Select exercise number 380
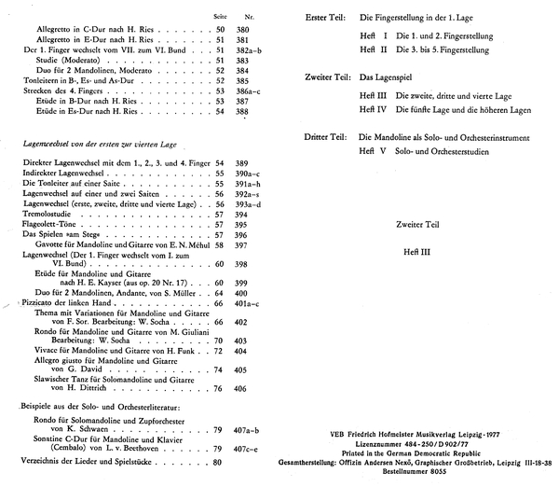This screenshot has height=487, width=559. pyautogui.click(x=244, y=30)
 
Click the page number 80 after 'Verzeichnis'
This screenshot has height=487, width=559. pyautogui.click(x=218, y=462)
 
